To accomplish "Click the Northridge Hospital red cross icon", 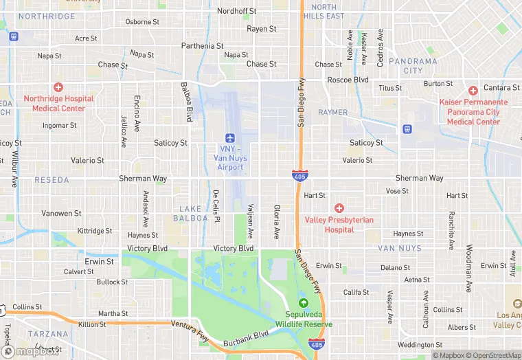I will tap(58, 87).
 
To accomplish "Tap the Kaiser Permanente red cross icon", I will tap(473, 91).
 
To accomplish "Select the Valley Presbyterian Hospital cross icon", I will tap(339, 208).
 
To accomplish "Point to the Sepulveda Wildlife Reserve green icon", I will tap(304, 302).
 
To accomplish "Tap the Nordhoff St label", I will tap(236, 12).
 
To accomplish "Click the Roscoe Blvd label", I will tap(348, 80).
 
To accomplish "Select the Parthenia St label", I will tap(203, 46).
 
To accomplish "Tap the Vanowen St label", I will tap(61, 214).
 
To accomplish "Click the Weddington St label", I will tap(420, 345).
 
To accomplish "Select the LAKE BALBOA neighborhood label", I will tap(194, 213).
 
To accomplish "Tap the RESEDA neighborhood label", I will tap(52, 180).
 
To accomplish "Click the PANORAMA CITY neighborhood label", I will tap(413, 66).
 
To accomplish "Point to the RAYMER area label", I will tap(334, 112).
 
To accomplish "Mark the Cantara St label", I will tap(501, 88).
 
